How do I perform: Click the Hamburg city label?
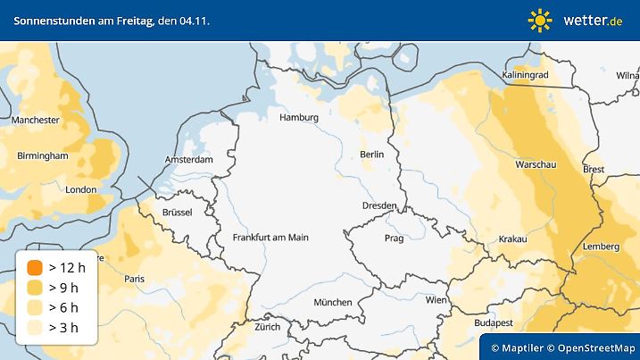[299, 118]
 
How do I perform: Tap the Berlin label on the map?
[371, 155]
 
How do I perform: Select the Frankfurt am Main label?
[270, 238]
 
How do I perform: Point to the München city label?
[332, 302]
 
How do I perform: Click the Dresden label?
[379, 205]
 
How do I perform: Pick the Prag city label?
[395, 239]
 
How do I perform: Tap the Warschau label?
[536, 165]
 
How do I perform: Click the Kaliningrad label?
[526, 75]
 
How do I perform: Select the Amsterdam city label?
[189, 160]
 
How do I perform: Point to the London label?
[81, 189]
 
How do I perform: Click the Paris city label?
[135, 279]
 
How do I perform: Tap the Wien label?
[436, 300]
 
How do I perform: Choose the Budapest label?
[493, 322]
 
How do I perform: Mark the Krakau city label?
[513, 239]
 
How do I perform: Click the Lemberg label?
[601, 247]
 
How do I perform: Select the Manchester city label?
[36, 119]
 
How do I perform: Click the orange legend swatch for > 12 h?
[35, 267]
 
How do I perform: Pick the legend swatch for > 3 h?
[35, 328]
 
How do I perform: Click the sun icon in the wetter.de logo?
[540, 20]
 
